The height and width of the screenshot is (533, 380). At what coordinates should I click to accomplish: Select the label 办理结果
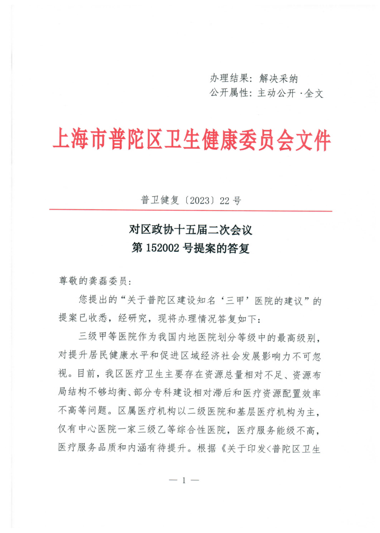coord(231,78)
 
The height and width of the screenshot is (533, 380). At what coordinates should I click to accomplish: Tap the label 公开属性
coord(231,93)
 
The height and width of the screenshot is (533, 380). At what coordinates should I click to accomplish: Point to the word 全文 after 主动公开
coord(314,93)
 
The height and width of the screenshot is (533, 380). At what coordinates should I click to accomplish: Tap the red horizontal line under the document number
coord(190,211)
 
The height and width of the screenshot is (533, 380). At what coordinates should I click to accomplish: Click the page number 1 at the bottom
coord(184,480)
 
